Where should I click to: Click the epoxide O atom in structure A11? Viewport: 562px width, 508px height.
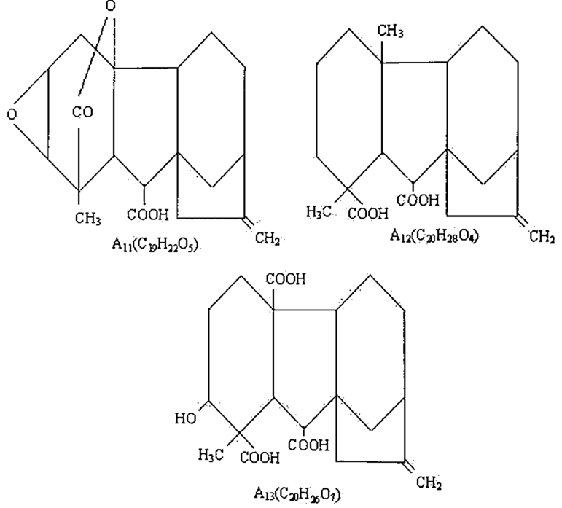pos(11,114)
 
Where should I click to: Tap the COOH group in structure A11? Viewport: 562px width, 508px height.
pos(147,214)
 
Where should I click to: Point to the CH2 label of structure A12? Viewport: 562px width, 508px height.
pos(542,238)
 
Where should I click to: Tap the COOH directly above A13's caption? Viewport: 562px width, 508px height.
pos(310,443)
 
